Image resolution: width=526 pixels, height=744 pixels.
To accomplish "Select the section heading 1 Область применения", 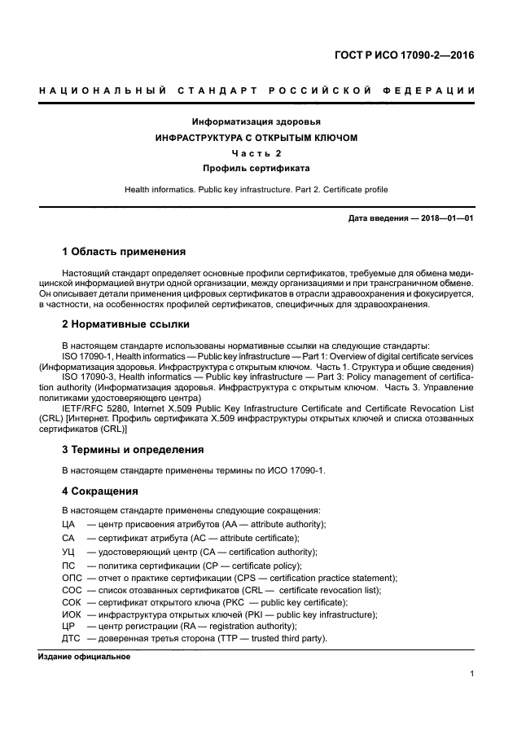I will pos(124,251).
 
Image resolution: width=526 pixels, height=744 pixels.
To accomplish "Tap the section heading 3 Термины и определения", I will pos(133,449).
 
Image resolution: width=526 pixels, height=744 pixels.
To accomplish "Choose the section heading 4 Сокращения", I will pos(100,491).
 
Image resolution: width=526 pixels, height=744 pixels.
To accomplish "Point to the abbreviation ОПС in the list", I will pos(72,578).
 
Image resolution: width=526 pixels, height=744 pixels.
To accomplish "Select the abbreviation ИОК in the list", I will pos(72,614).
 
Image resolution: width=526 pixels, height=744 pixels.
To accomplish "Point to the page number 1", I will pos(472,674).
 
